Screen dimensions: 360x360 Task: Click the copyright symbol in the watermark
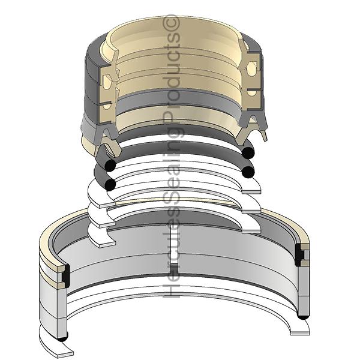tap(171, 23)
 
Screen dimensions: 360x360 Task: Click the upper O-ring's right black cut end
tap(248, 152)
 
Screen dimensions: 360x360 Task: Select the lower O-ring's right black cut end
tap(248, 172)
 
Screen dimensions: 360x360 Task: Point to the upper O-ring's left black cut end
tap(110, 166)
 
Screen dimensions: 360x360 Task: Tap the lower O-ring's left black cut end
tap(110, 184)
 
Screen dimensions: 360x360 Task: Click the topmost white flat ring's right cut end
tap(252, 192)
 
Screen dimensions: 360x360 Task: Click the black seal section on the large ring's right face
tap(299, 255)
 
